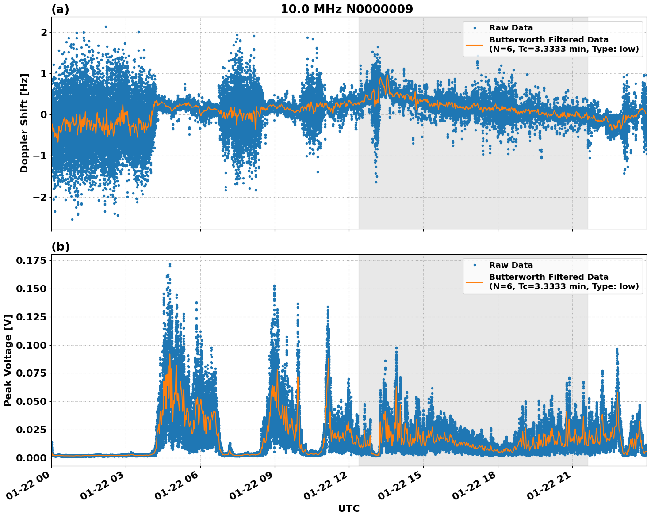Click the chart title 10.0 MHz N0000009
346,9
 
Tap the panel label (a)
60,9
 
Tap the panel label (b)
60,247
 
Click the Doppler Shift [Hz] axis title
24,123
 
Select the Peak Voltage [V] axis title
8,360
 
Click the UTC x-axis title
348,508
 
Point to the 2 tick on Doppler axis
44,33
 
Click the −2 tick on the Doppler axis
41,197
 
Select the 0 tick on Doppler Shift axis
44,115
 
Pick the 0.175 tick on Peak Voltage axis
31,261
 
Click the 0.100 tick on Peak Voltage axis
31,345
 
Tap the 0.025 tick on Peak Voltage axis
31,430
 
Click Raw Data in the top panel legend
511,28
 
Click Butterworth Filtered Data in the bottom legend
548,277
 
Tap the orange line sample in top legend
474,44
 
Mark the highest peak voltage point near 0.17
170,264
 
